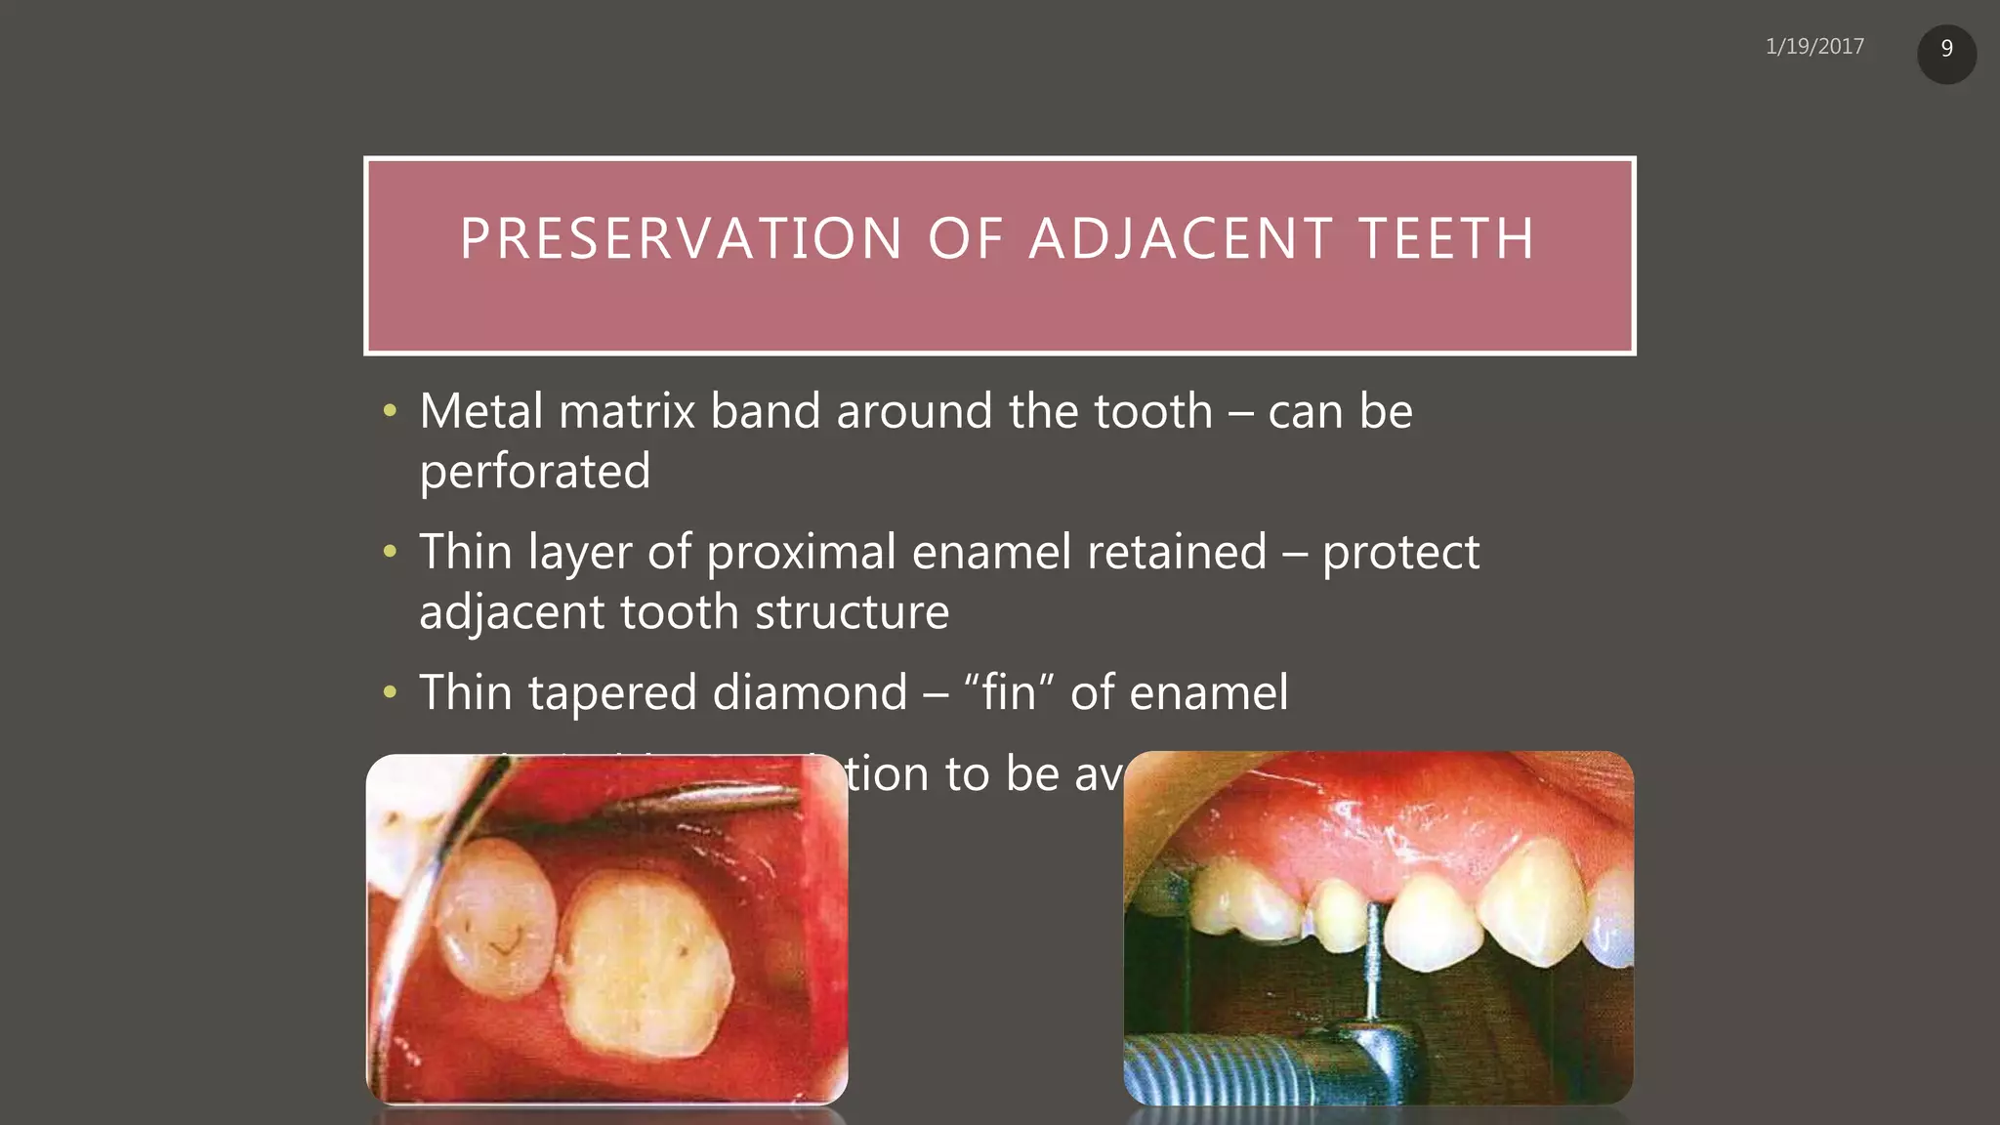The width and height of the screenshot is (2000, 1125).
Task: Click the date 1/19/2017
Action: (x=1814, y=47)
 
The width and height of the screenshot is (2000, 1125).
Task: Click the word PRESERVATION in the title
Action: (x=681, y=239)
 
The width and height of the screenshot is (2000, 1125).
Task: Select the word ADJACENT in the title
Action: (x=1182, y=239)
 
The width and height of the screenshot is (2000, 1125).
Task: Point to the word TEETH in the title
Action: (x=1446, y=239)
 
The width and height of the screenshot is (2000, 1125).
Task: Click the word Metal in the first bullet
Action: (x=480, y=411)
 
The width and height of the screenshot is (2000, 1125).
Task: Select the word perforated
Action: (x=534, y=472)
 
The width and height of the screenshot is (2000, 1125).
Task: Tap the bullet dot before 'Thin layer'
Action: (x=390, y=553)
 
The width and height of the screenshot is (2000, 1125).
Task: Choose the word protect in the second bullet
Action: (x=1400, y=553)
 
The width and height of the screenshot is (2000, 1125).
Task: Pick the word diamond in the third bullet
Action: (x=810, y=693)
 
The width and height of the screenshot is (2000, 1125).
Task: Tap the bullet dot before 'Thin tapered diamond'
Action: (x=390, y=693)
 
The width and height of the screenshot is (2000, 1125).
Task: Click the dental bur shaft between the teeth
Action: (x=1372, y=962)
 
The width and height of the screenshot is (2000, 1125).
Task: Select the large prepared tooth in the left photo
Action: (x=646, y=962)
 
